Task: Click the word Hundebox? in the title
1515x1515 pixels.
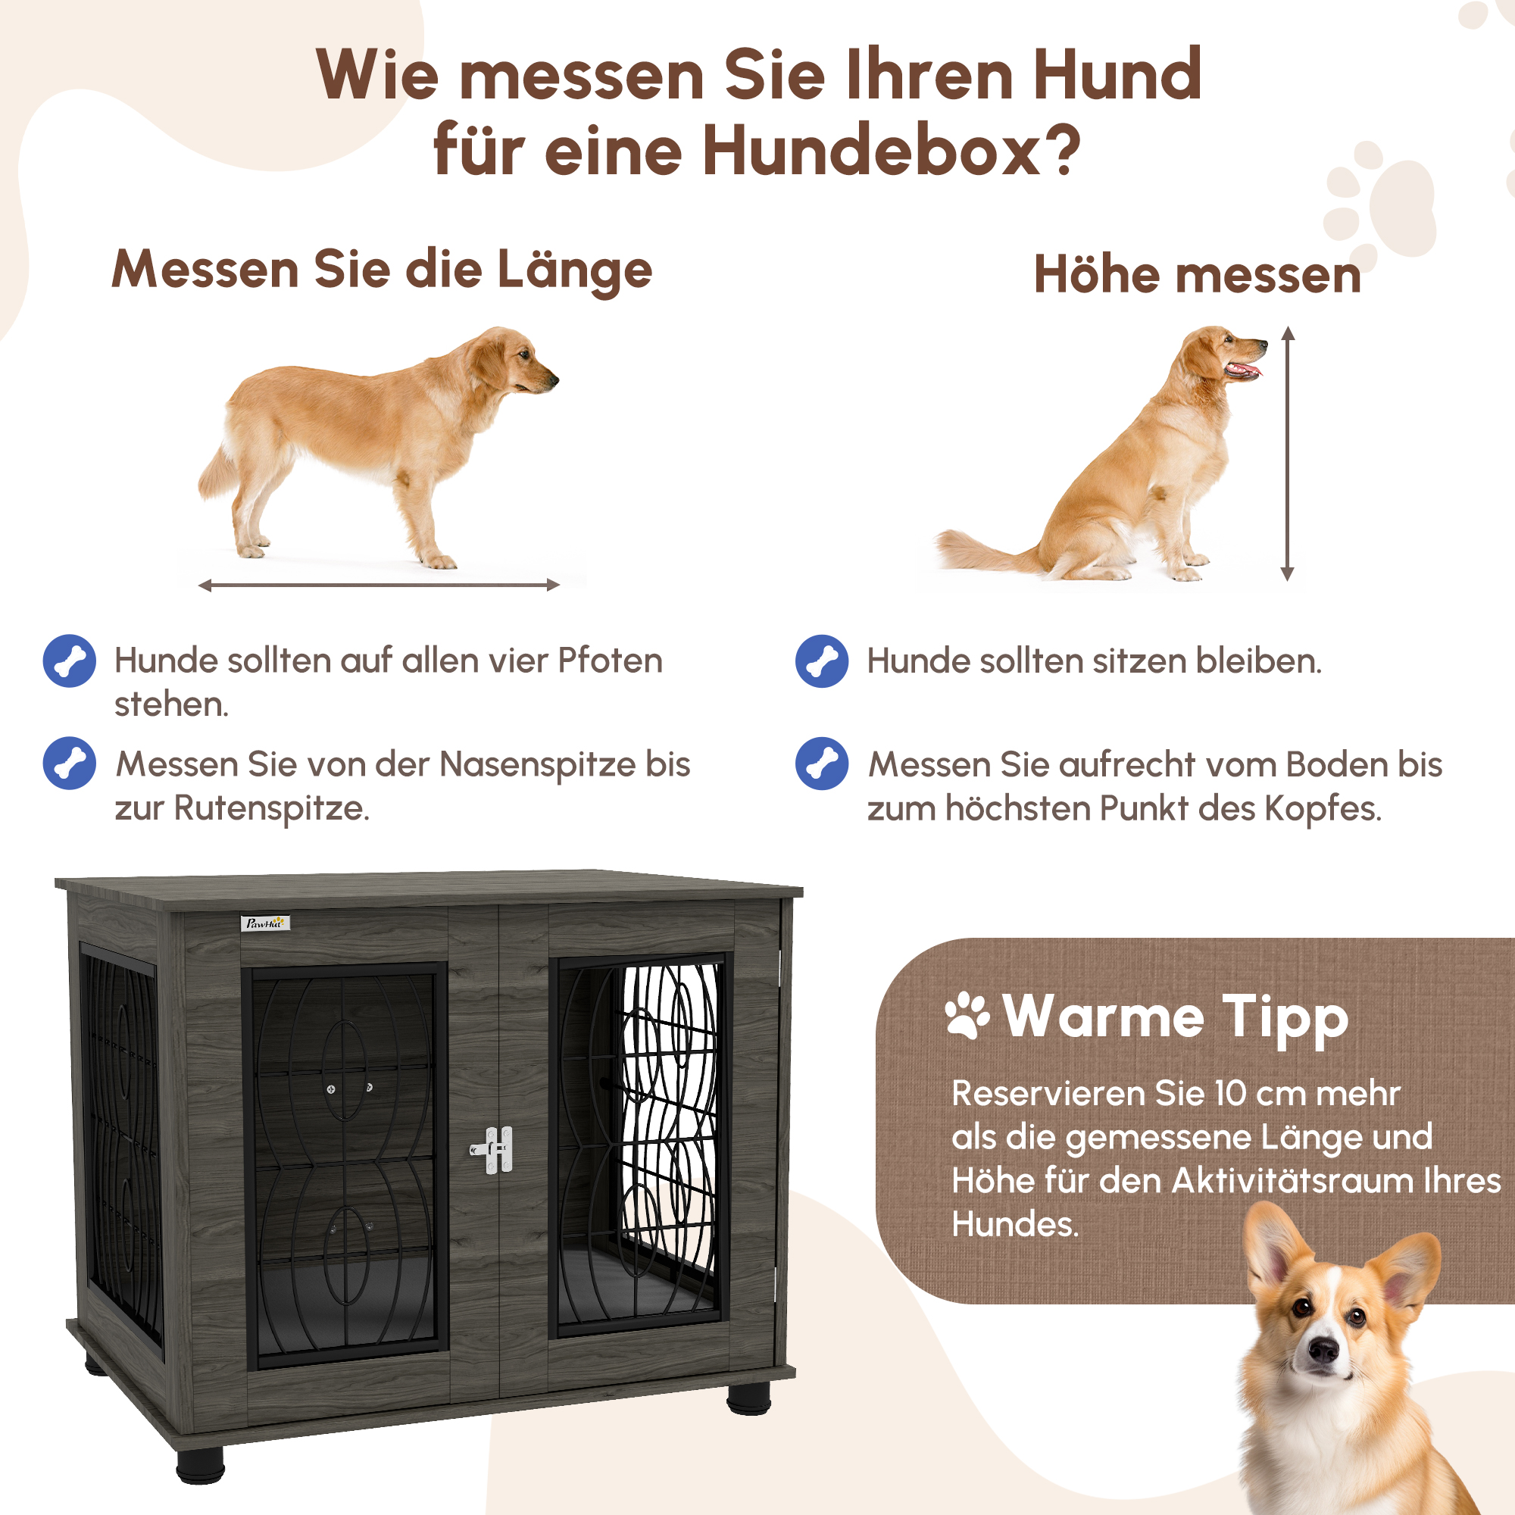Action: (891, 151)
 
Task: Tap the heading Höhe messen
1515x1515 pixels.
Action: (1197, 275)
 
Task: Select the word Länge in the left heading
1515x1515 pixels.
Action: (575, 270)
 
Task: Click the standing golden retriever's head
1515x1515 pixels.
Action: (514, 361)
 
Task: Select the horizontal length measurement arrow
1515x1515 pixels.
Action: (379, 585)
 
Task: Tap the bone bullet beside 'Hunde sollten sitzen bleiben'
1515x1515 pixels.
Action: (821, 661)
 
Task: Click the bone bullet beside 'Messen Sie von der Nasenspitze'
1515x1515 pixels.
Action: (70, 763)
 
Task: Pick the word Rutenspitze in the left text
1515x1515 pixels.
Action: (270, 808)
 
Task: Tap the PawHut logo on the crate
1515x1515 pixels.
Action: (264, 923)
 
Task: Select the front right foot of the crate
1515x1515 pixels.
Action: (748, 1398)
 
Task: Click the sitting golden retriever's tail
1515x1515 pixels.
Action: (980, 552)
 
